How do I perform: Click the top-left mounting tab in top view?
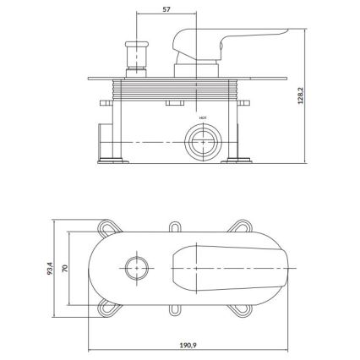pyautogui.click(x=111, y=229)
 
